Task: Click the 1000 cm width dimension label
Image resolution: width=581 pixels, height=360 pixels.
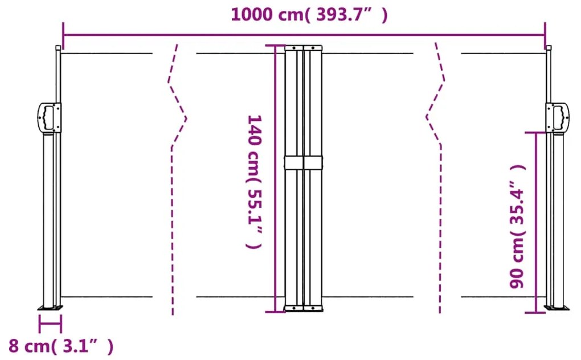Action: [x=309, y=14]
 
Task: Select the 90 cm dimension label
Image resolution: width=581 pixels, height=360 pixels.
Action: [x=517, y=226]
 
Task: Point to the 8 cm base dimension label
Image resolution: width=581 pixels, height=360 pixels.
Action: [x=60, y=346]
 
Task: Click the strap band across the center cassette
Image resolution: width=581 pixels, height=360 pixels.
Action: [x=304, y=162]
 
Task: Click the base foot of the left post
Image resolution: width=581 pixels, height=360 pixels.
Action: [x=50, y=308]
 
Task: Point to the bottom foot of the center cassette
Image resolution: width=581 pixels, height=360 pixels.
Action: [x=304, y=308]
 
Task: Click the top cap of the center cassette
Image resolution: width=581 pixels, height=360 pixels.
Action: [x=304, y=48]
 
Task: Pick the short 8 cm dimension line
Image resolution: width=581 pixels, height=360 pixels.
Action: [x=50, y=324]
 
